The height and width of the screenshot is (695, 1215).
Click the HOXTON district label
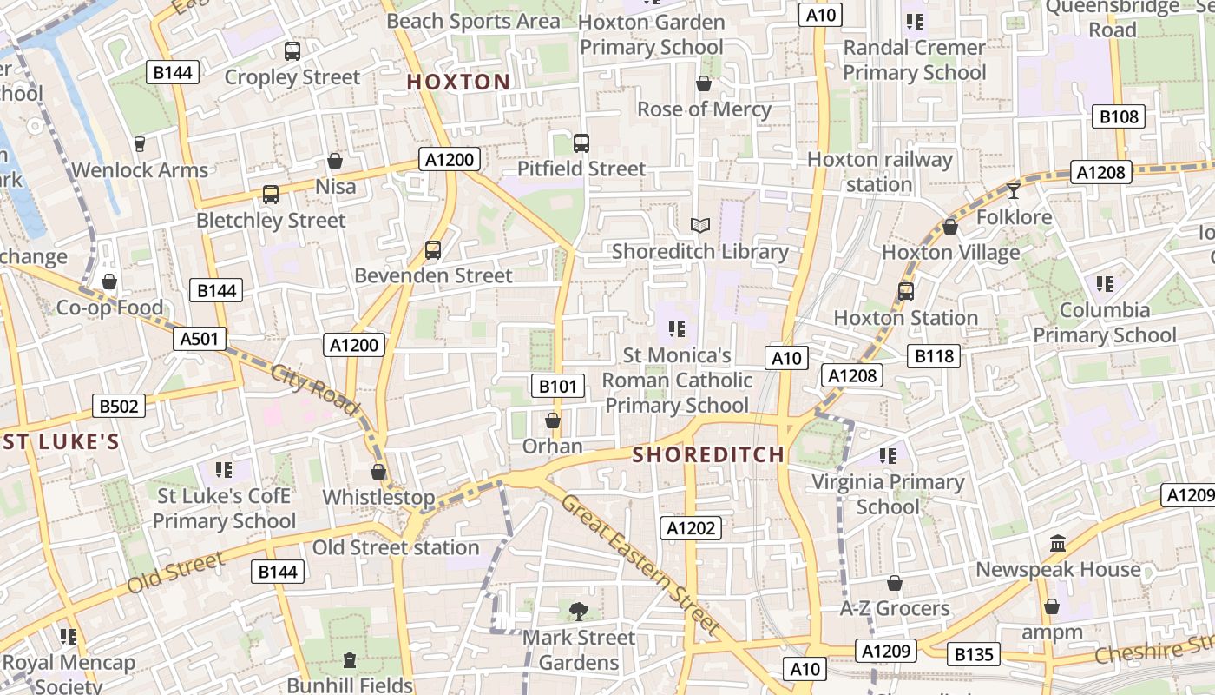pyautogui.click(x=458, y=83)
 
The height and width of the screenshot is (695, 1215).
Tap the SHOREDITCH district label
pyautogui.click(x=708, y=454)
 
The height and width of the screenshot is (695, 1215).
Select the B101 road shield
pyautogui.click(x=556, y=386)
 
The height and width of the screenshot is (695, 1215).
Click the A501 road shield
pyautogui.click(x=199, y=339)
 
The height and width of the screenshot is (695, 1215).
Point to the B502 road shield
pyautogui.click(x=118, y=406)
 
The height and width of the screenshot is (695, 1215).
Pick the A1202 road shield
pyautogui.click(x=691, y=527)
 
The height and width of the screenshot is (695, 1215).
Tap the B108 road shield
pyautogui.click(x=1119, y=116)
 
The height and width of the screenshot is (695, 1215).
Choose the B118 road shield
pyautogui.click(x=934, y=355)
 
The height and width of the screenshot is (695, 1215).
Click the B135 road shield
pyautogui.click(x=973, y=654)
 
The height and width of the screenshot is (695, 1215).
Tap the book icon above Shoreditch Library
pyautogui.click(x=700, y=226)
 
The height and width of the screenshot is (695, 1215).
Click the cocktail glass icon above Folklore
pyautogui.click(x=1013, y=190)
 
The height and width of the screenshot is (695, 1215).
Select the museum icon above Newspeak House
pyautogui.click(x=1058, y=544)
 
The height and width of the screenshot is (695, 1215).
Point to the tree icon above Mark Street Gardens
pyautogui.click(x=578, y=612)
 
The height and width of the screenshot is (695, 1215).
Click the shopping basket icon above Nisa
pyautogui.click(x=335, y=161)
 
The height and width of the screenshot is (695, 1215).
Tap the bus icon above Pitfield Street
pyautogui.click(x=581, y=142)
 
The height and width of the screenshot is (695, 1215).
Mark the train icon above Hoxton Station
pyautogui.click(x=906, y=291)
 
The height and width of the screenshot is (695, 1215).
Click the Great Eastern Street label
pyautogui.click(x=640, y=563)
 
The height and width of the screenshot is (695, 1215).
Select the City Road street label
pyautogui.click(x=314, y=388)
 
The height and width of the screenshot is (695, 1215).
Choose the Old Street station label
pyautogui.click(x=396, y=547)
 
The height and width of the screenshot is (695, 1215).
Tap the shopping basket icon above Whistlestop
pyautogui.click(x=378, y=472)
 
